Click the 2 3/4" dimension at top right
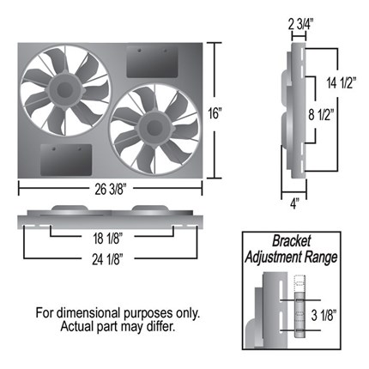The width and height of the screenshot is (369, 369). click(x=300, y=25)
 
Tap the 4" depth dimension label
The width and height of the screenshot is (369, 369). click(x=294, y=204)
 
